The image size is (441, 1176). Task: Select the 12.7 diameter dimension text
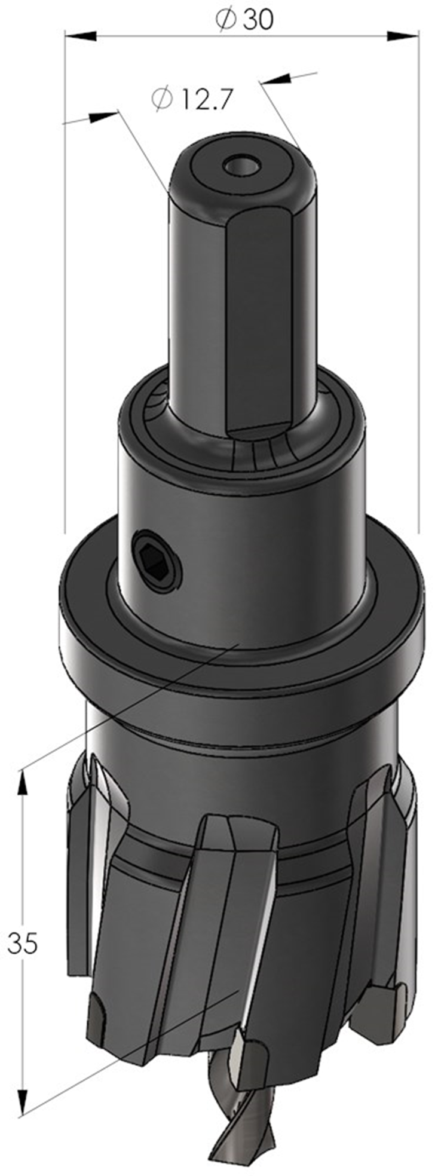pos(191,99)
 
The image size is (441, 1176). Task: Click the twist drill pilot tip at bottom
pos(241,1123)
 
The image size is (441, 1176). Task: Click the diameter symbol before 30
pos(225,20)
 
